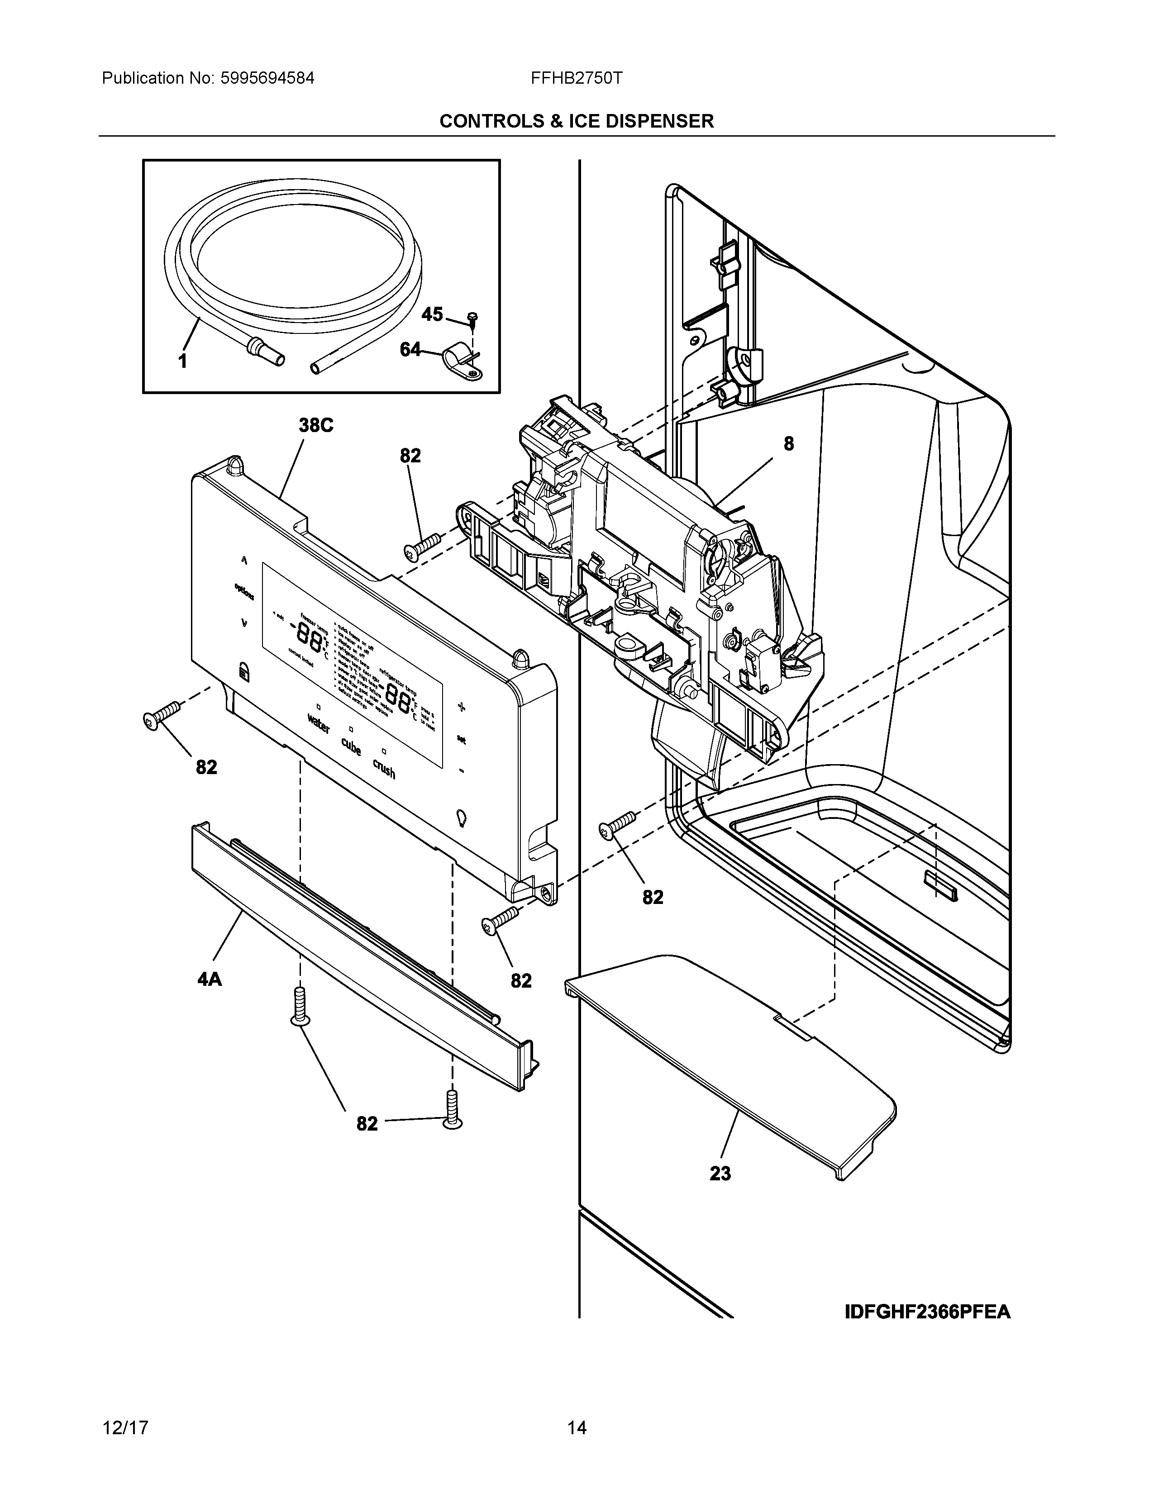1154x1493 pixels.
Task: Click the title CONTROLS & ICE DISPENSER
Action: coord(576,122)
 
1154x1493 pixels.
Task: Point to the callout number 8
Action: coord(788,444)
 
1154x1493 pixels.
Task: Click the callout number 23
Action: coord(720,1174)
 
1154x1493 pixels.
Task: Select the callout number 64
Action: coord(410,350)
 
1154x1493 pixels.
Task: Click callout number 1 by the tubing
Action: coord(182,361)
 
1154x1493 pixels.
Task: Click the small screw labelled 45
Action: coord(472,318)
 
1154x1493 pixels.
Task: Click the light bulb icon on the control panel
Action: coord(462,817)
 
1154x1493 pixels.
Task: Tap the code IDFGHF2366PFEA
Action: coord(927,1312)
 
